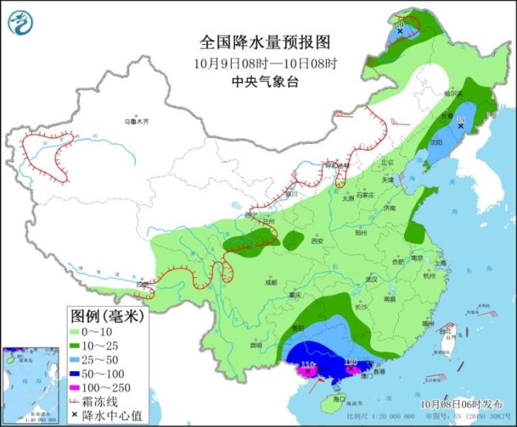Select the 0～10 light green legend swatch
pos(78,331)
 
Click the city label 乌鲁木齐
pos(137,120)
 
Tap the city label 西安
pos(318,240)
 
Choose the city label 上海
pos(440,263)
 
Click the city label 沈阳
pos(437,142)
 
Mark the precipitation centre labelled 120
pos(350,362)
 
